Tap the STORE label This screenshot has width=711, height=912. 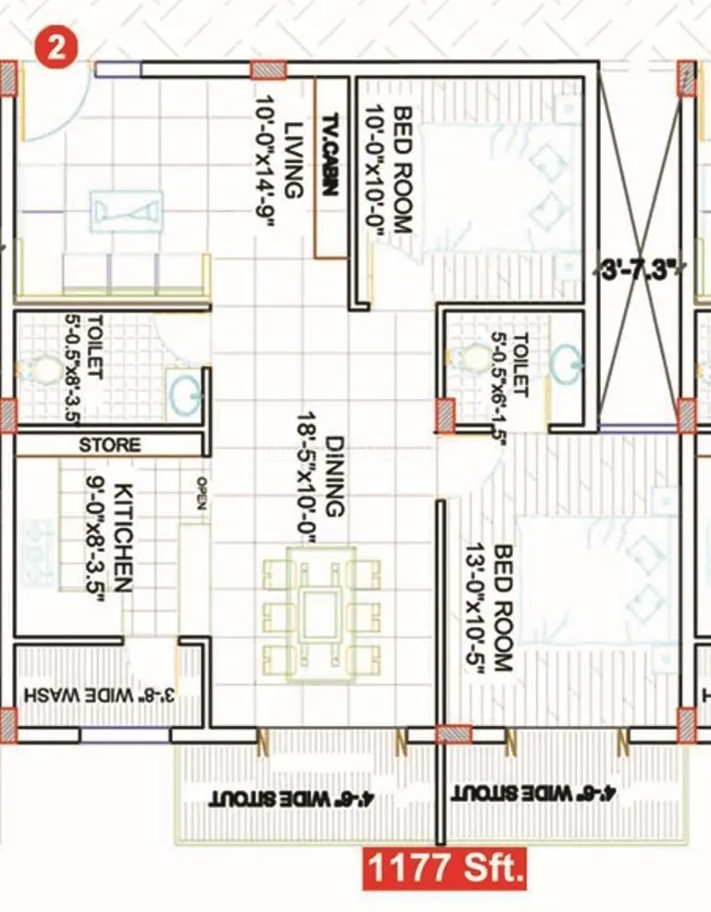pos(109,445)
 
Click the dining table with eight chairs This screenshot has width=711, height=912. pos(320,614)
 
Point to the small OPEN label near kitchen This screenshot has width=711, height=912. pos(200,493)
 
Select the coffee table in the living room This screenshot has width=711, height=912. pos(126,210)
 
